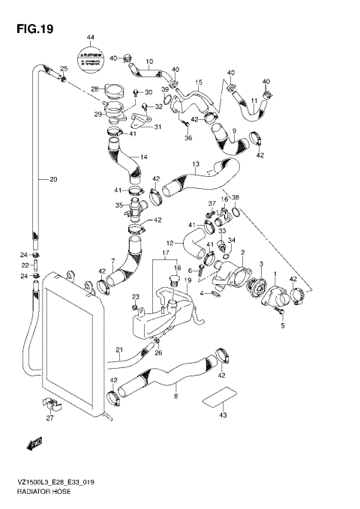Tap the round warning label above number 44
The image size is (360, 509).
pyautogui.click(x=90, y=58)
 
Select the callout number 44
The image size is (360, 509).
pyautogui.click(x=90, y=37)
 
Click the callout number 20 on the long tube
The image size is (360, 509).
pyautogui.click(x=53, y=179)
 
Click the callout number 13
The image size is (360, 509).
pyautogui.click(x=195, y=164)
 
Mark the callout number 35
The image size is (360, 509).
pyautogui.click(x=118, y=205)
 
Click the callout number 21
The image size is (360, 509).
pyautogui.click(x=118, y=350)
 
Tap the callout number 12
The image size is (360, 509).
pyautogui.click(x=169, y=243)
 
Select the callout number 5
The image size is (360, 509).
pyautogui.click(x=283, y=326)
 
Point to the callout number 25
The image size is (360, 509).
pyautogui.click(x=64, y=70)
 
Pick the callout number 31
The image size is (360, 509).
pyautogui.click(x=157, y=127)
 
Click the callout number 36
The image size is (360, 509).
pyautogui.click(x=188, y=138)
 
